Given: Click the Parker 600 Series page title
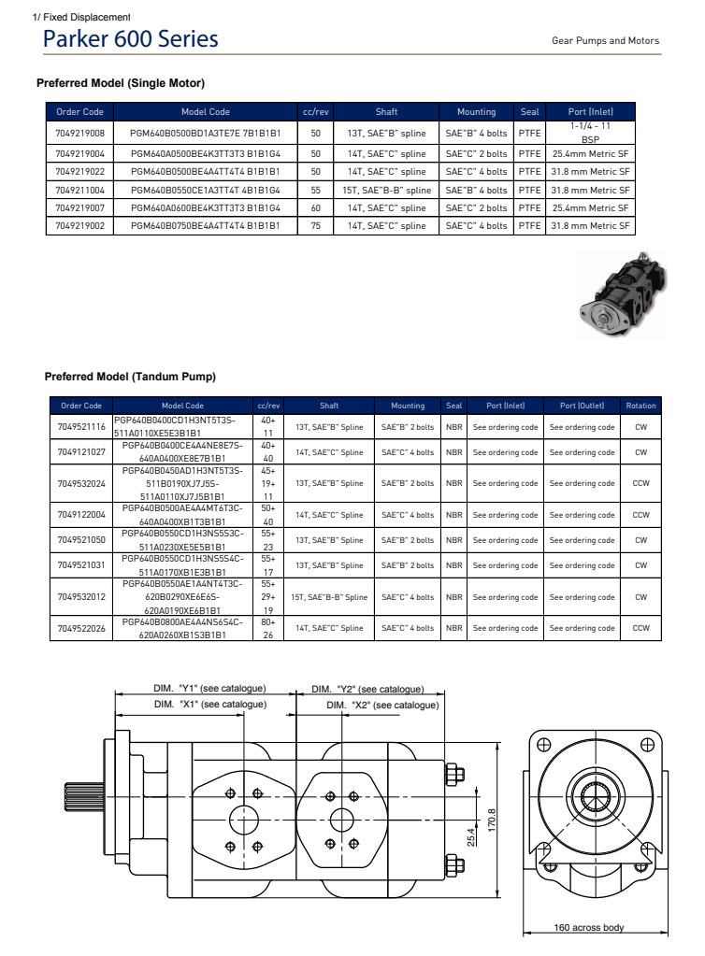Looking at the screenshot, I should point(131,39).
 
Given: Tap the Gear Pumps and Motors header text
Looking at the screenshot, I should point(605,41).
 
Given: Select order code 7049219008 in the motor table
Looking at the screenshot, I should point(80,133).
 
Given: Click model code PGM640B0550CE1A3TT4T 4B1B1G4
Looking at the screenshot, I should point(206,190).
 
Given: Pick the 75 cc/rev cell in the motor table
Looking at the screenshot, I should point(315,225).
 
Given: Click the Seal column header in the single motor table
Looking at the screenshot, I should point(529,112).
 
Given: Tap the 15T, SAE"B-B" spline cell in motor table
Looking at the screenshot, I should point(386,190).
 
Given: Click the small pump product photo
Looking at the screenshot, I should point(623,293).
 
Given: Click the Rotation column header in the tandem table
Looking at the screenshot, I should point(640,406).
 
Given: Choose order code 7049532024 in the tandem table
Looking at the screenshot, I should point(81,484).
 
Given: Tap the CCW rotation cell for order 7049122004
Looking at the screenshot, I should point(640,514).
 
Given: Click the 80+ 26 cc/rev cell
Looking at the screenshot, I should point(267,627).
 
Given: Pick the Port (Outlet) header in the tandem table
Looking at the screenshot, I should point(582,406).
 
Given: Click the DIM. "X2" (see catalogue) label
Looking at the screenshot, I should point(382,704).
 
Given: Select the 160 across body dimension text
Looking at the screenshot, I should point(589,927).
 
